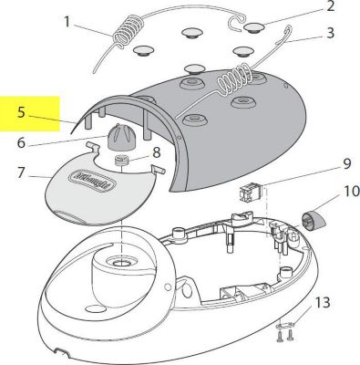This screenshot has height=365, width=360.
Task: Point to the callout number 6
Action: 21,143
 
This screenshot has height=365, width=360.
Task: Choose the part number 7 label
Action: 21,172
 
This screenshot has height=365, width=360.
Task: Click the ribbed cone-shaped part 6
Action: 121,141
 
